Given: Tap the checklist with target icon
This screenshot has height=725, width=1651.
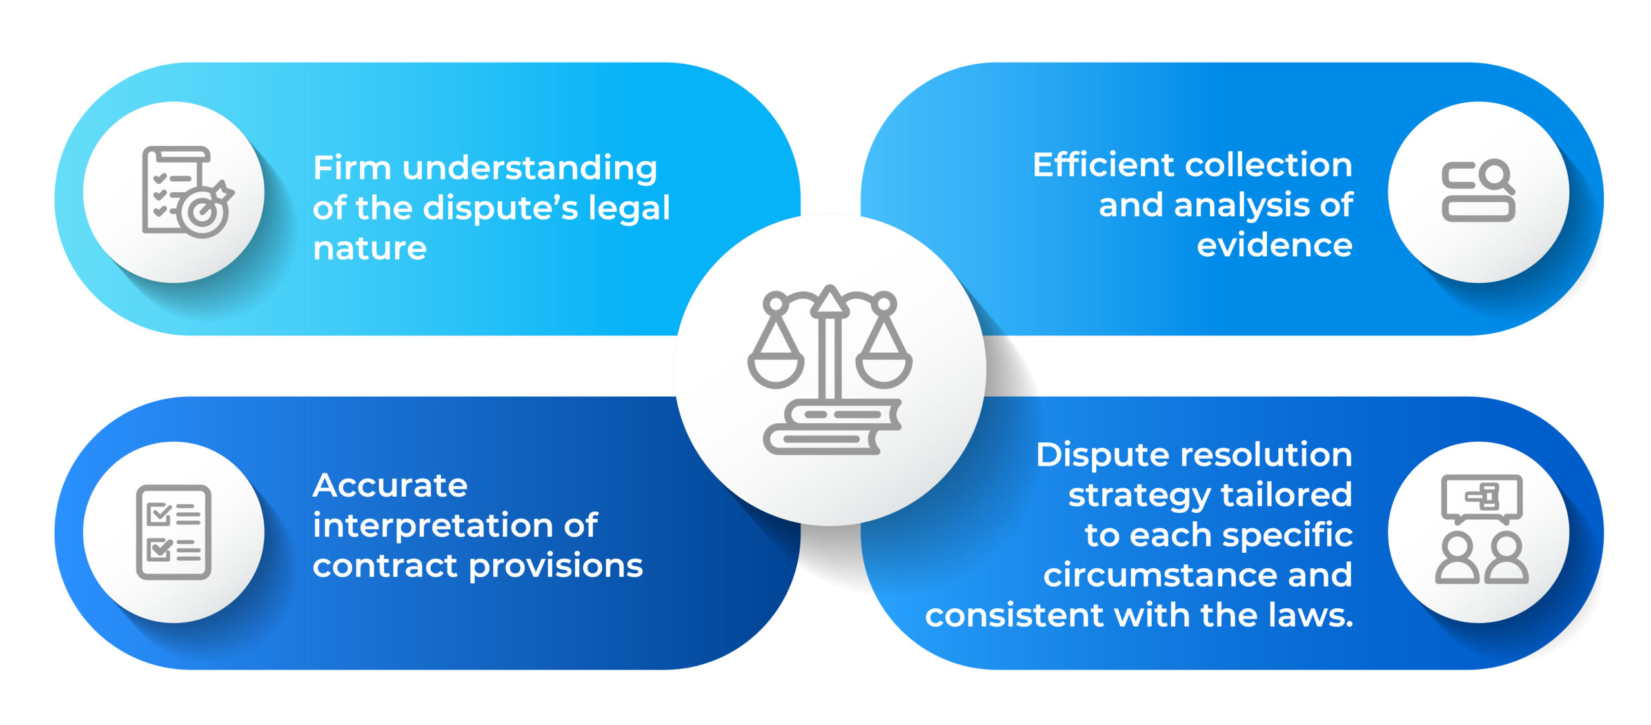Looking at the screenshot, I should (x=186, y=192).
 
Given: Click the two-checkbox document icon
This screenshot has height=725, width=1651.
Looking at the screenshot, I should (x=173, y=532).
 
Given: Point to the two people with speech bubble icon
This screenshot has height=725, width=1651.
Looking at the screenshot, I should (x=1481, y=530).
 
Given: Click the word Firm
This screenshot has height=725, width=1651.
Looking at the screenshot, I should (x=351, y=168).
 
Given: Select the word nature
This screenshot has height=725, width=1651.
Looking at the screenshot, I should (x=370, y=248).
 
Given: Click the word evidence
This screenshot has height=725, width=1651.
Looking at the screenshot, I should (x=1274, y=246).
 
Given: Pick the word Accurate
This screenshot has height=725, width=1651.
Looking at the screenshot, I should (x=390, y=485).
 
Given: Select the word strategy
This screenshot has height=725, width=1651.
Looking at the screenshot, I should (x=1139, y=495).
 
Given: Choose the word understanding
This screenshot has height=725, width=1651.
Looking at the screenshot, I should (x=529, y=168).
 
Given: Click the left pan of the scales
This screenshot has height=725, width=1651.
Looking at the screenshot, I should (x=776, y=368).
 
